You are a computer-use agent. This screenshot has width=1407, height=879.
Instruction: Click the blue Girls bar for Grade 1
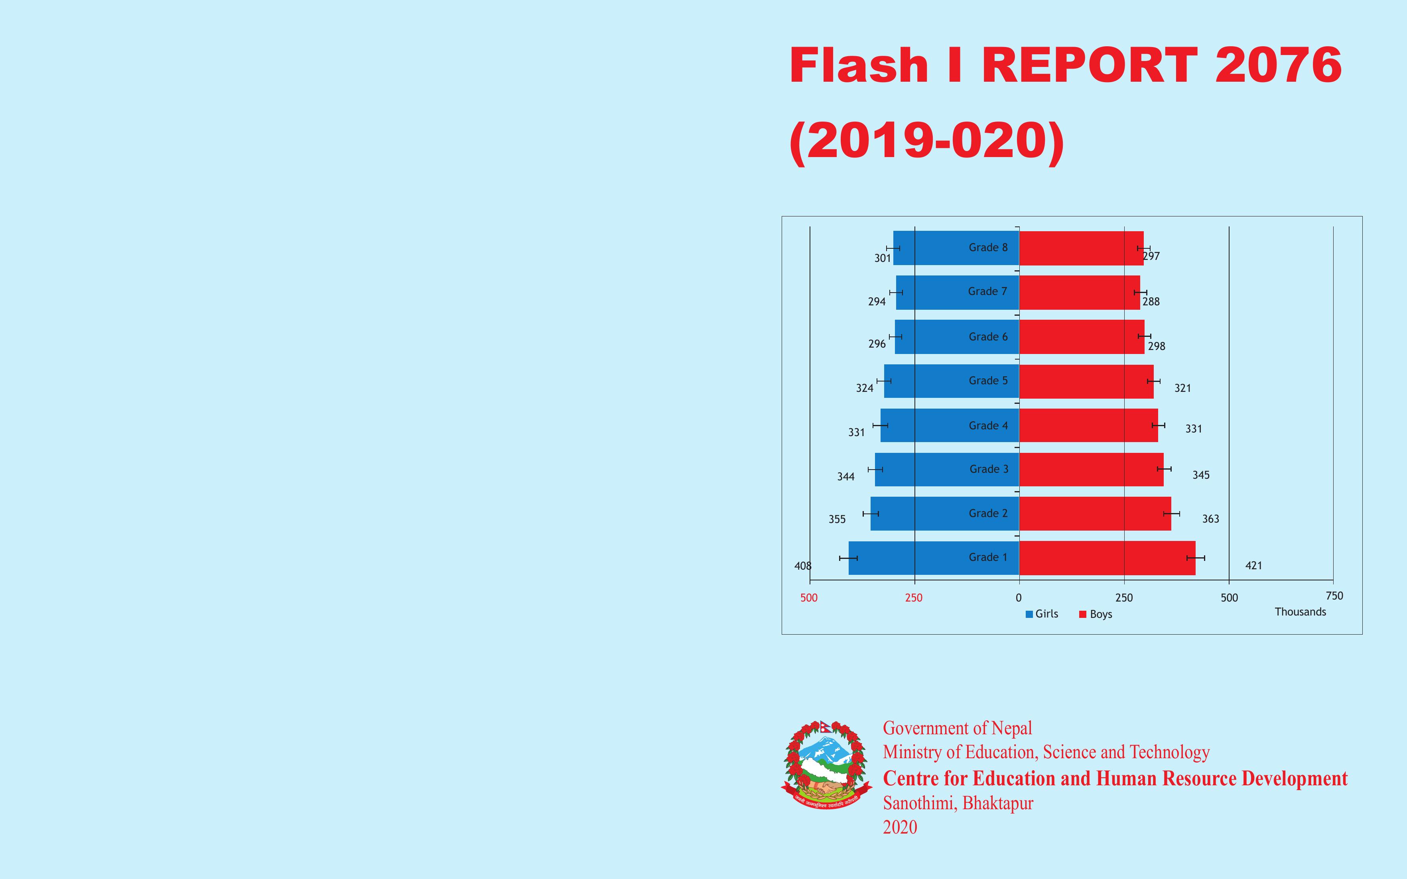934,558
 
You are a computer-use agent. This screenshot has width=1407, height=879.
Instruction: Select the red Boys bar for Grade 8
1082,248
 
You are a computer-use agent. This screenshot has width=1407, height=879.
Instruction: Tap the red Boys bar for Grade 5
1086,381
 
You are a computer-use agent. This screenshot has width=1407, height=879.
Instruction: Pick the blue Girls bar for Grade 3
947,469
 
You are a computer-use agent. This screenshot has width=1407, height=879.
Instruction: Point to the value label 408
803,566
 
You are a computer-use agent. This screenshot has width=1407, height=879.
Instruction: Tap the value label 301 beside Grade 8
883,258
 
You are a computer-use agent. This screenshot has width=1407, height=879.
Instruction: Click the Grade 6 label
988,336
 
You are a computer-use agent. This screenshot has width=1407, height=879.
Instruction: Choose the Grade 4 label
988,426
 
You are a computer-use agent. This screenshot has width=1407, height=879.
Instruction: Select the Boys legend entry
1096,614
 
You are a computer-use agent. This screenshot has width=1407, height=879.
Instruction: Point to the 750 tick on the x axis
1334,596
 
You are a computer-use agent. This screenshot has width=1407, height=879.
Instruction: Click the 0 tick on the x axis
1019,598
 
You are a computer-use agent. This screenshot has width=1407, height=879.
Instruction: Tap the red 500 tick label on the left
809,598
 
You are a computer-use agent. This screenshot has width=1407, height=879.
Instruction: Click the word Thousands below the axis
1301,612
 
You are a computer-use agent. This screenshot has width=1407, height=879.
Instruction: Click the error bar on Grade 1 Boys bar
1195,558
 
